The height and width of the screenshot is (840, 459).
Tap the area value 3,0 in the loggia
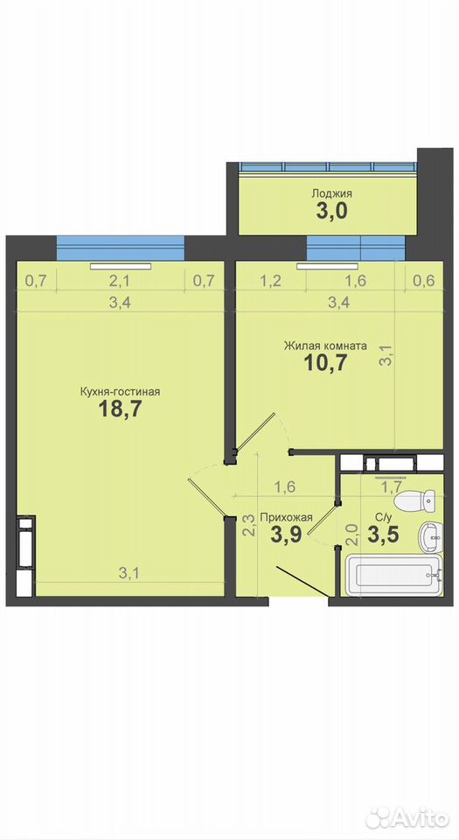pyautogui.click(x=331, y=211)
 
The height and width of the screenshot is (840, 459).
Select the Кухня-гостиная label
pyautogui.click(x=121, y=392)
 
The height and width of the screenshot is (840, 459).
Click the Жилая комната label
pyautogui.click(x=325, y=346)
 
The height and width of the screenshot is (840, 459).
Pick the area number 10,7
pyautogui.click(x=326, y=363)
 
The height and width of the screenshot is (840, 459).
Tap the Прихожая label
pyautogui.click(x=286, y=517)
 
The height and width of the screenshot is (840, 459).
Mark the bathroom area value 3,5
pyautogui.click(x=383, y=535)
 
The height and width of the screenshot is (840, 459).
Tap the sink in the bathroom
pyautogui.click(x=430, y=536)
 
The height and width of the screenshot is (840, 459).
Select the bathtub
pyautogui.click(x=394, y=575)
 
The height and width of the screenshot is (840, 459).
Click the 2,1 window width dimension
pyautogui.click(x=120, y=281)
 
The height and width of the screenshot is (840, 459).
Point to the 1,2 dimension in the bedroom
pyautogui.click(x=272, y=281)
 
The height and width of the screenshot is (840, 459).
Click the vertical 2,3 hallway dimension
pyautogui.click(x=248, y=525)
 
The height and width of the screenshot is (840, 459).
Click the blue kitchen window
pyautogui.click(x=121, y=248)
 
